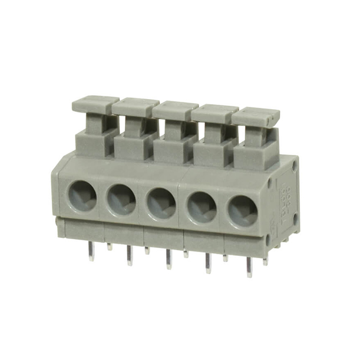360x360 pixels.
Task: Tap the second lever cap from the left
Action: point(135,105)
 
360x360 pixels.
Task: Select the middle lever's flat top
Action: point(175,108)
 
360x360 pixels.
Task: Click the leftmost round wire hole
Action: point(82,195)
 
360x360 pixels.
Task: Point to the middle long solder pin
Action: point(168,259)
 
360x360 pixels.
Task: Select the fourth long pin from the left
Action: point(208,263)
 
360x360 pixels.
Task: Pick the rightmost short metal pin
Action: point(265,260)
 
